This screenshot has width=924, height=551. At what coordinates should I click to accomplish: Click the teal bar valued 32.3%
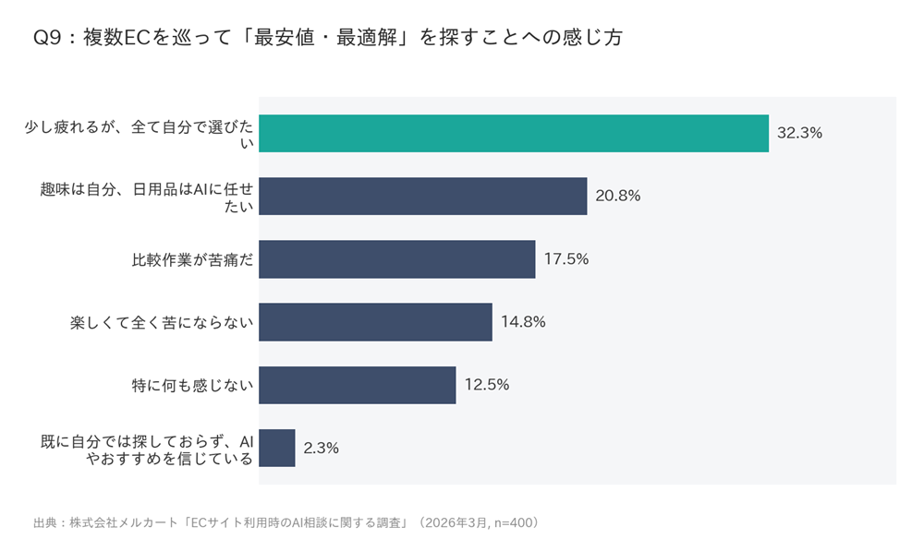[514, 134]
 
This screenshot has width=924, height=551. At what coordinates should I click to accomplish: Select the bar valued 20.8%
[423, 196]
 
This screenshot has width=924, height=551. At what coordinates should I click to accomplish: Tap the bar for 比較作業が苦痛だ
[397, 259]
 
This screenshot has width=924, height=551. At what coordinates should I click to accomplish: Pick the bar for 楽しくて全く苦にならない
[375, 322]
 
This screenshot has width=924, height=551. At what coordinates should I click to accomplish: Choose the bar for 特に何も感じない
[357, 385]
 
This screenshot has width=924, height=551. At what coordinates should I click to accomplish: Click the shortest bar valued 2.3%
[277, 448]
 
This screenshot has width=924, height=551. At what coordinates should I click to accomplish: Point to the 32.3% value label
[799, 133]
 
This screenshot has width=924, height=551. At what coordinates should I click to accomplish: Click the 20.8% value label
[618, 196]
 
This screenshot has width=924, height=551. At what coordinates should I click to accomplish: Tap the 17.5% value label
[566, 259]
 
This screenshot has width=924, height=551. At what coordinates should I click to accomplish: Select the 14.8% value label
[523, 322]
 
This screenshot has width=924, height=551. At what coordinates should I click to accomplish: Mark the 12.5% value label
[487, 385]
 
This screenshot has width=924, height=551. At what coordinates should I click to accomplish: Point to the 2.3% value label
[322, 449]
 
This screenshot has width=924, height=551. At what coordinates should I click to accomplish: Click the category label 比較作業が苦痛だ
[192, 259]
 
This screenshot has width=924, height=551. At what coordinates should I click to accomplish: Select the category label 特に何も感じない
[192, 386]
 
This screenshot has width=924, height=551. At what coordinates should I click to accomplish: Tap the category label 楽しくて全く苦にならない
[162, 323]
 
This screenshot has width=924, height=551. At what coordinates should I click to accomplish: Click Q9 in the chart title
[47, 38]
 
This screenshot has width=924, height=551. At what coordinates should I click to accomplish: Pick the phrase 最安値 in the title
[284, 38]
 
